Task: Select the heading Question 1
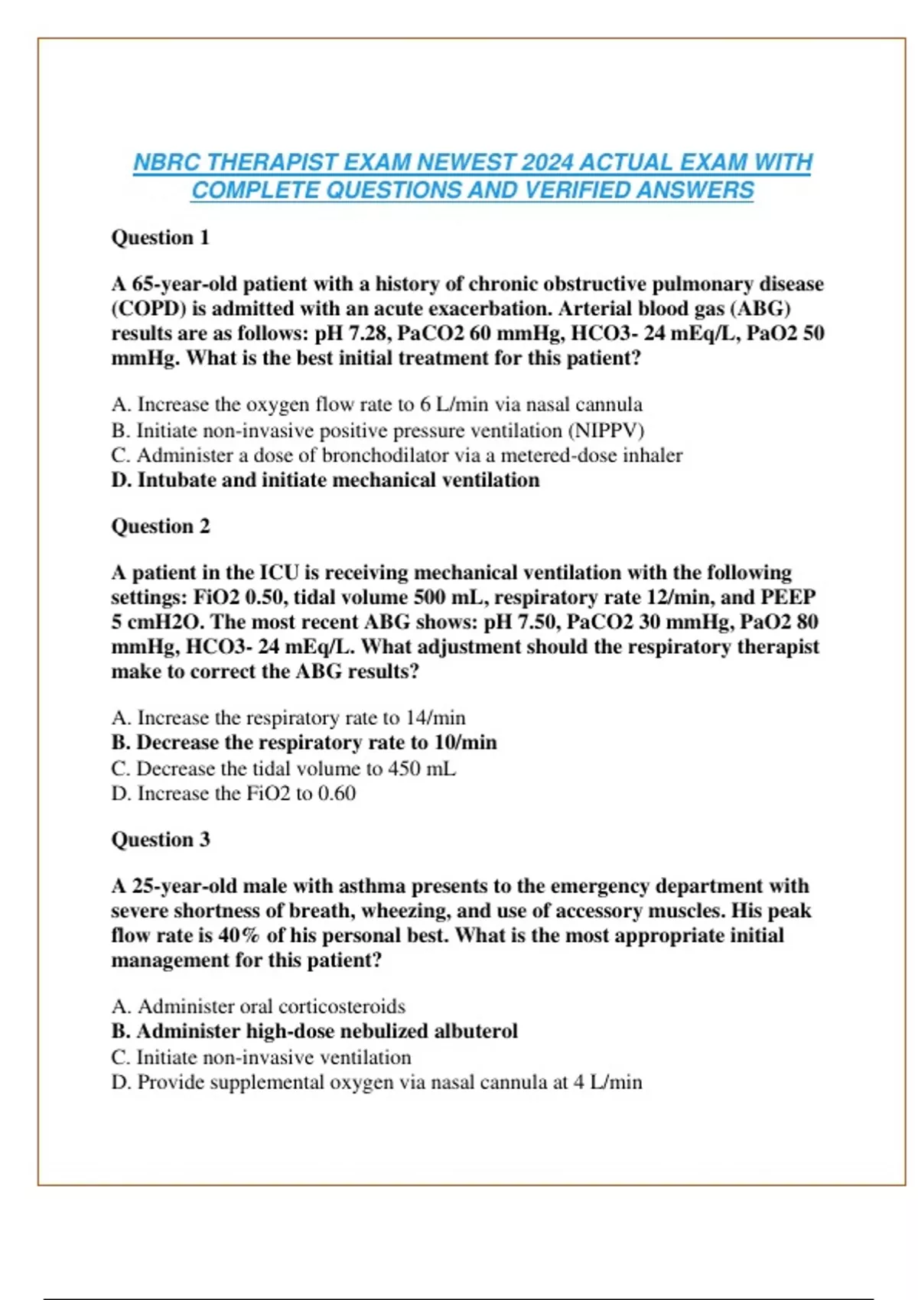(x=160, y=238)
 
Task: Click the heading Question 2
(x=160, y=526)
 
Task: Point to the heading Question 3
(x=160, y=840)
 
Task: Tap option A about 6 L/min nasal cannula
(x=376, y=405)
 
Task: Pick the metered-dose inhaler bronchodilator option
(x=396, y=456)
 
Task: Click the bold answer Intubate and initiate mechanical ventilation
(x=325, y=480)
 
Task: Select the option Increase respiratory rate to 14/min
(x=288, y=718)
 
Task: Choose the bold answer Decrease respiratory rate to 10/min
(x=304, y=743)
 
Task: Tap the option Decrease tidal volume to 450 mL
(x=283, y=769)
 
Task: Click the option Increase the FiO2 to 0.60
(x=233, y=794)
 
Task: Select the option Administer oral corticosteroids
(x=258, y=1006)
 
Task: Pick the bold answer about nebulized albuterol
(x=314, y=1032)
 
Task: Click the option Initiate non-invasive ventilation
(x=261, y=1058)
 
